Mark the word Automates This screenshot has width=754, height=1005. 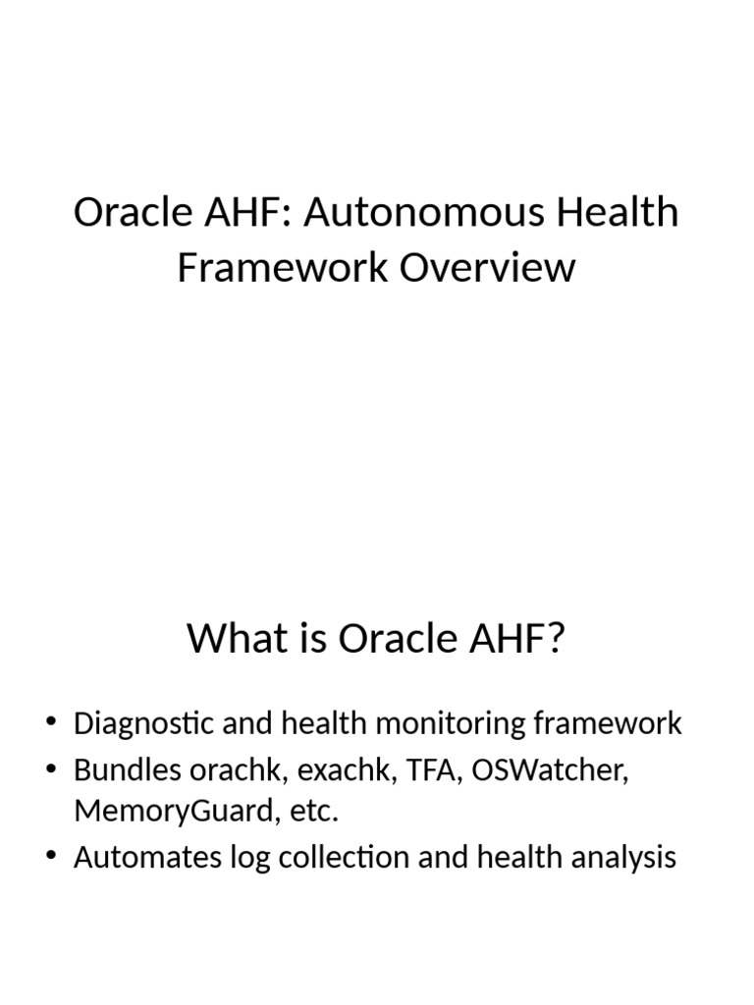pyautogui.click(x=139, y=858)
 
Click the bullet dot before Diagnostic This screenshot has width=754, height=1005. pyautogui.click(x=51, y=725)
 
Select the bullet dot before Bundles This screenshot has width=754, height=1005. pyautogui.click(x=51, y=770)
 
